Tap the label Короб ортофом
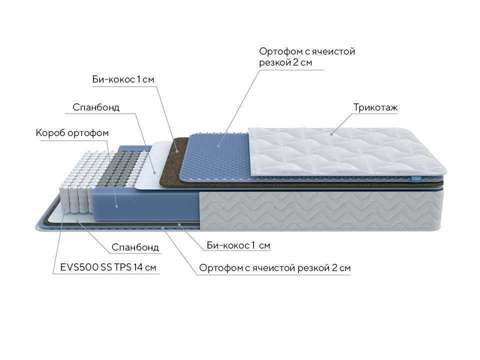[x=72, y=133]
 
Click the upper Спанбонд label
[x=96, y=107]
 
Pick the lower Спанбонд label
[x=135, y=247]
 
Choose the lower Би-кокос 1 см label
[x=238, y=245]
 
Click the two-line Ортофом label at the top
[x=307, y=57]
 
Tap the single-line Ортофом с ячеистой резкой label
[x=274, y=268]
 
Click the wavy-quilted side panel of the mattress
[x=320, y=207]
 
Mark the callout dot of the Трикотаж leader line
[x=330, y=133]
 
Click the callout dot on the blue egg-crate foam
[x=218, y=145]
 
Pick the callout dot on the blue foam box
[x=116, y=205]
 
